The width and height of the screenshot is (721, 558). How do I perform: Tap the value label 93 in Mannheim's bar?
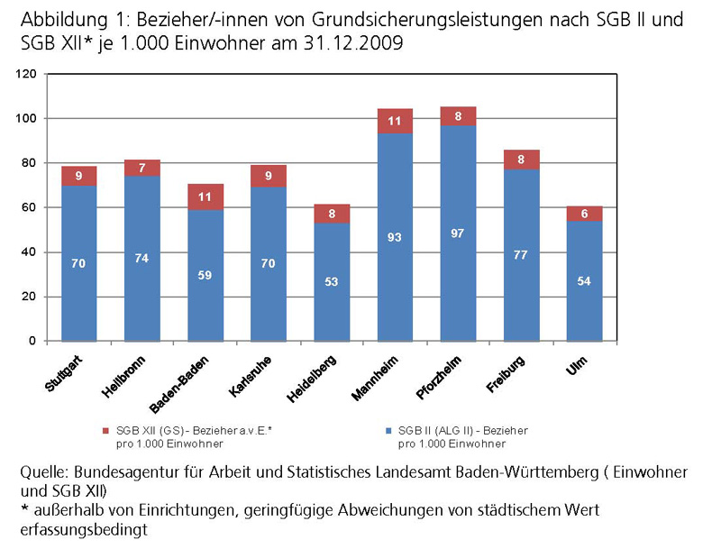click(395, 237)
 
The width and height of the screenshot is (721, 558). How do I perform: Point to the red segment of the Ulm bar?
click(584, 214)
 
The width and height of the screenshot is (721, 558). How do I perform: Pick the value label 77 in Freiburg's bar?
click(521, 255)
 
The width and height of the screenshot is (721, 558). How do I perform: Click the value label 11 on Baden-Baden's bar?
click(205, 197)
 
